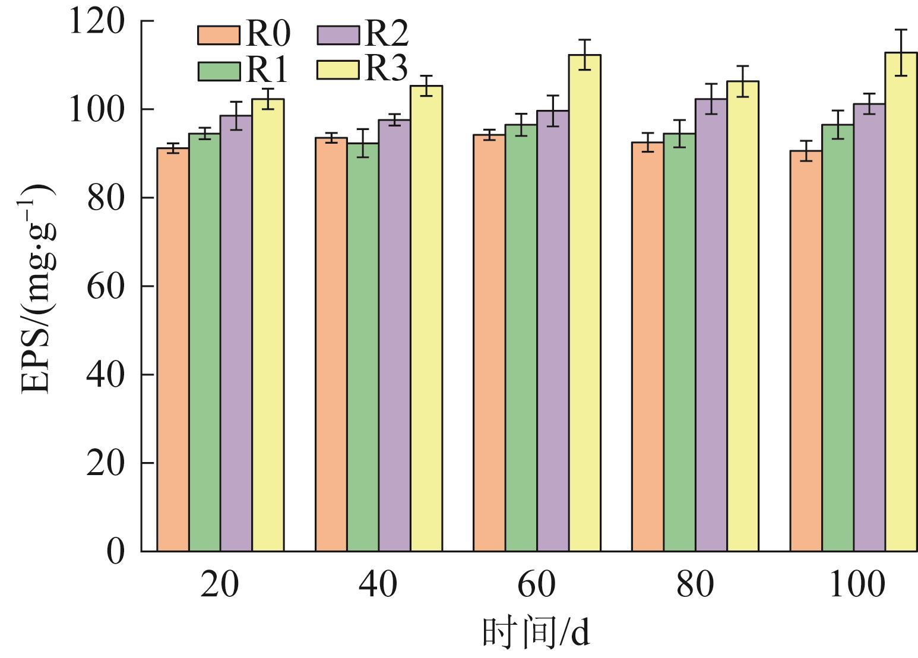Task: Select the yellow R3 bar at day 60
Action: (x=584, y=303)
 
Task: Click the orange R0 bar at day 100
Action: (x=806, y=351)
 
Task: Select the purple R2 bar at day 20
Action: (x=236, y=333)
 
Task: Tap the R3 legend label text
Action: (x=385, y=69)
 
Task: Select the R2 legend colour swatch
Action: (x=337, y=35)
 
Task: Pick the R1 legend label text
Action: (x=267, y=71)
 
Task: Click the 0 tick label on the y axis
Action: (x=115, y=552)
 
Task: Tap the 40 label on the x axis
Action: (x=378, y=584)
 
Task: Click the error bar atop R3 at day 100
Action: (x=901, y=52)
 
